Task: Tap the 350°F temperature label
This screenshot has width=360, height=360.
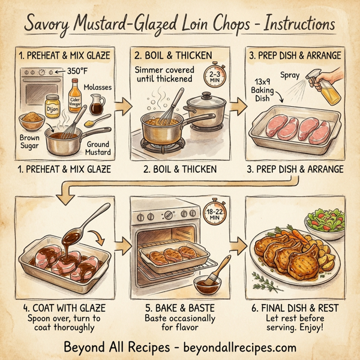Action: [x=76, y=71]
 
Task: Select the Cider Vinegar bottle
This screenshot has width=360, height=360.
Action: [x=74, y=101]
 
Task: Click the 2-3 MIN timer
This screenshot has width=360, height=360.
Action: [x=215, y=77]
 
